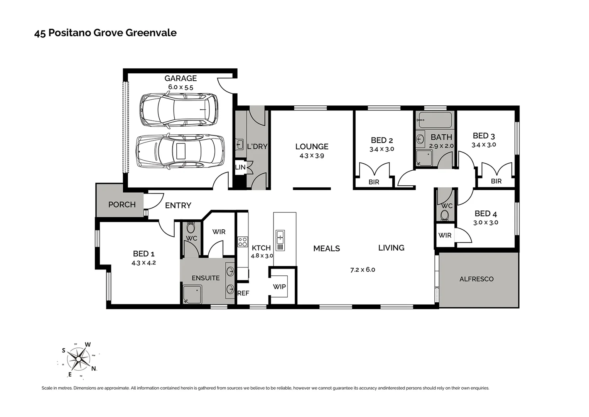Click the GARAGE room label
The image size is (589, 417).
(x=181, y=78)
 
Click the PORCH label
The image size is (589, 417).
(x=122, y=205)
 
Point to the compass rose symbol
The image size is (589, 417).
(x=78, y=359)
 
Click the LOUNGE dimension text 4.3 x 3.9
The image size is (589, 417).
(x=312, y=156)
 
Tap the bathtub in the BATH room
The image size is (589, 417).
(x=435, y=120)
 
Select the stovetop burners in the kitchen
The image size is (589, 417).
(x=242, y=242)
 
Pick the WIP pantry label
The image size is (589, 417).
(x=279, y=286)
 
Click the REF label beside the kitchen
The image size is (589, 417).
(x=243, y=293)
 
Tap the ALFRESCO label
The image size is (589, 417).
(x=476, y=279)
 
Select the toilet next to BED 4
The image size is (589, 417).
(x=445, y=215)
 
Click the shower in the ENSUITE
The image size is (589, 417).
(x=192, y=295)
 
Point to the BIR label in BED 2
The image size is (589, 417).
(x=374, y=182)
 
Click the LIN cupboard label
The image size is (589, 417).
(x=240, y=167)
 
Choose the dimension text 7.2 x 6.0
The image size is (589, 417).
(x=363, y=270)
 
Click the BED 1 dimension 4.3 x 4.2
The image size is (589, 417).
(x=143, y=263)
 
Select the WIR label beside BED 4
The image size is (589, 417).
(x=445, y=235)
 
